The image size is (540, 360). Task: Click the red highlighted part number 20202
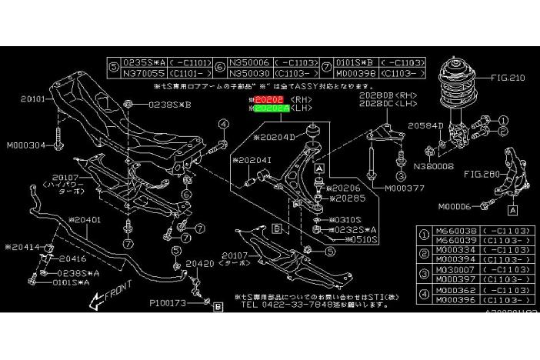269,100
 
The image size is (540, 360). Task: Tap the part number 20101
34,98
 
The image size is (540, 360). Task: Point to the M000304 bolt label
25,145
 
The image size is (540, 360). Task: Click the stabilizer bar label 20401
82,220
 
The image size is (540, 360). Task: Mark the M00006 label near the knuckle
458,206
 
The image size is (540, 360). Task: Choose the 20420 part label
199,263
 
